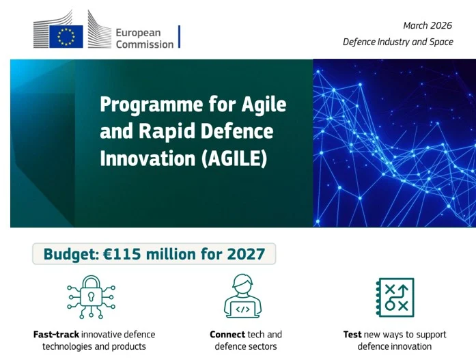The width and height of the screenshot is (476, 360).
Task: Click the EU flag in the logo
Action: tap(66, 36)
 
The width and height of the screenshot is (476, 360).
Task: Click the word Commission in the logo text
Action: tap(145, 44)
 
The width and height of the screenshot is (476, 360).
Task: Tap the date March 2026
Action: tap(428, 25)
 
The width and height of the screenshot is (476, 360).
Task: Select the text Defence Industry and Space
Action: tap(398, 42)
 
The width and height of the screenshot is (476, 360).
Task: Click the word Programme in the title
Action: tap(152, 105)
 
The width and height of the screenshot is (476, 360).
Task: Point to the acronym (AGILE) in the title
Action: tap(234, 158)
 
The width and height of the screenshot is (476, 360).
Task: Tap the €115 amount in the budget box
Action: tap(122, 254)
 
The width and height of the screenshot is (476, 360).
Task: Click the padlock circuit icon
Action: tap(91, 297)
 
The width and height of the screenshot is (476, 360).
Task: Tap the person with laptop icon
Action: tap(242, 296)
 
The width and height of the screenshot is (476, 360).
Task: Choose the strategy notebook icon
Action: tap(395, 297)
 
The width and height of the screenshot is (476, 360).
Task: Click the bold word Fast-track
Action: tap(56, 335)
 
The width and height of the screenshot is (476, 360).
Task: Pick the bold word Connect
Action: tap(227, 335)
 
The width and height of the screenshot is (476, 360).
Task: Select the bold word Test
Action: tap(352, 335)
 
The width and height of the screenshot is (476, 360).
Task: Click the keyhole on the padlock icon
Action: tap(91, 296)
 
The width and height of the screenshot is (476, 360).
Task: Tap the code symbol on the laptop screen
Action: tap(242, 309)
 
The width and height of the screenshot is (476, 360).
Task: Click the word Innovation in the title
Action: tap(148, 158)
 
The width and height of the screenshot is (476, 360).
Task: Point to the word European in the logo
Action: tap(138, 33)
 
